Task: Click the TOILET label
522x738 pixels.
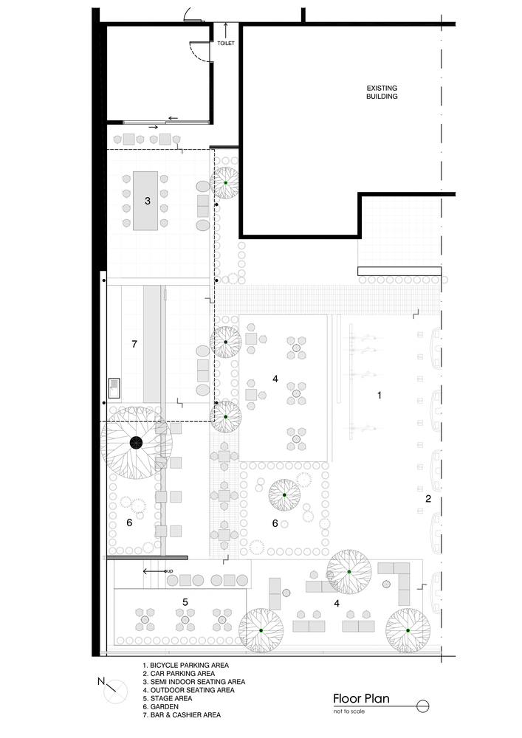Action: (x=225, y=44)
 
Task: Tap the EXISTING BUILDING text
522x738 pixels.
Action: (x=382, y=92)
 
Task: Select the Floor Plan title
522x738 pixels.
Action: (x=360, y=699)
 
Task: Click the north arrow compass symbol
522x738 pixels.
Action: (x=116, y=693)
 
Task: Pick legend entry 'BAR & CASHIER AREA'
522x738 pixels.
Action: (x=182, y=714)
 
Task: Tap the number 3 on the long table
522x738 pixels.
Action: (x=147, y=200)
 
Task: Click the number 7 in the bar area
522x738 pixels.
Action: (x=134, y=344)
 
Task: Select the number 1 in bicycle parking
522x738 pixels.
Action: (x=380, y=396)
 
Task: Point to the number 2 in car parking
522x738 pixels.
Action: (x=427, y=499)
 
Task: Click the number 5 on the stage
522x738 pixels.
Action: (x=185, y=602)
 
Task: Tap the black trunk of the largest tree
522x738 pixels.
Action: (x=137, y=443)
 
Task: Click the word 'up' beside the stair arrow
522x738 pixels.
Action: (x=169, y=571)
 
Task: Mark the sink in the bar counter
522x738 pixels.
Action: (x=114, y=387)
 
